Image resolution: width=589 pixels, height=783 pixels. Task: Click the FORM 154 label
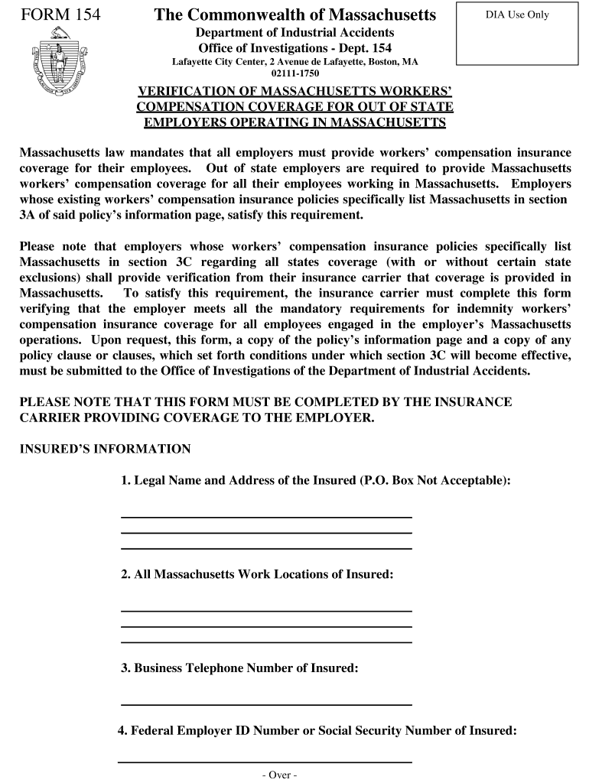59,15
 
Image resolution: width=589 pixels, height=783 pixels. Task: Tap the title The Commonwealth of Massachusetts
294,15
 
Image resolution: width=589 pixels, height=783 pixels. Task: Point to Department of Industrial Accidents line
294,32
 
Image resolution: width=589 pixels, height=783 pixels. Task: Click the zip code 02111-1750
294,73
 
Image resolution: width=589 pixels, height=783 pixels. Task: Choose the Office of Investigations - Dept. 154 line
294,47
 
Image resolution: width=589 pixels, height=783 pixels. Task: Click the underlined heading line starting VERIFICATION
294,92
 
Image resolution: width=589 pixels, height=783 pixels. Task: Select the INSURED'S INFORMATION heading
105,449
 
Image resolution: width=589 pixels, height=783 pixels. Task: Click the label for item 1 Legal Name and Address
315,480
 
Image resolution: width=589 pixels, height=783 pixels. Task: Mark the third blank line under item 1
266,547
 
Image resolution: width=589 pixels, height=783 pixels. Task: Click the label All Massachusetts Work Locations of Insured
257,573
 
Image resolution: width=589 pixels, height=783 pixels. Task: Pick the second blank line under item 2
266,625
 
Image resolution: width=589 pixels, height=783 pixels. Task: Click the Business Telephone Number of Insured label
239,668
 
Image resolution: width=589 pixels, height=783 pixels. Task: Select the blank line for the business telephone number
266,703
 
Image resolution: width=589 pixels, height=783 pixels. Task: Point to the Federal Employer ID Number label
317,730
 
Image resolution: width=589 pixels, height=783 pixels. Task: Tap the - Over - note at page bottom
278,775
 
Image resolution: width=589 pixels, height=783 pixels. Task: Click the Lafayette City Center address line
294,61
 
